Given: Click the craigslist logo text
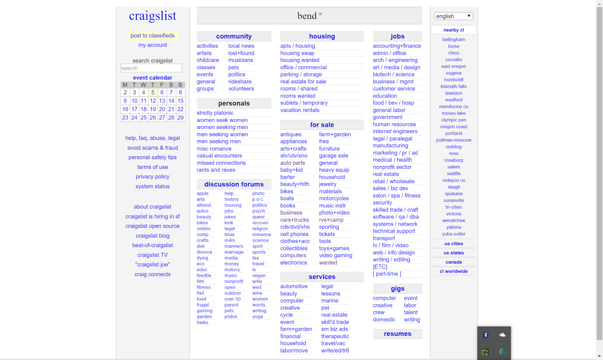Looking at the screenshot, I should (153, 16).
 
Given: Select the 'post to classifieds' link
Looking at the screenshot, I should (153, 35).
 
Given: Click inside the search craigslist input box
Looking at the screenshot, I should (151, 68).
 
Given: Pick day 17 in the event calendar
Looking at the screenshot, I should (134, 109).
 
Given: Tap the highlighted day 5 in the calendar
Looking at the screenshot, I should (153, 92).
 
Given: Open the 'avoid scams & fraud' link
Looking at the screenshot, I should (153, 148).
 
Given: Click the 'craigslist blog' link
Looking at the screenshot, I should (153, 236).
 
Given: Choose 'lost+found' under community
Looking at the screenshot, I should (241, 53).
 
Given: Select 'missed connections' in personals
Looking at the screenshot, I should (221, 163).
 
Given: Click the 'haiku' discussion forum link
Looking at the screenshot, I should (202, 322).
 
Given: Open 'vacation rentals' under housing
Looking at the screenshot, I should (300, 110).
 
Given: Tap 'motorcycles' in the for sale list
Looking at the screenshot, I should (334, 198).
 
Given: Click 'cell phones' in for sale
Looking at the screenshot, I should (294, 234).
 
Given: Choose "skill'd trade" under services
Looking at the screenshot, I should (335, 322).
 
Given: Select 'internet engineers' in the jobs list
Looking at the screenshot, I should (395, 131).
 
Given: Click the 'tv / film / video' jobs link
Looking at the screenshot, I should (390, 245).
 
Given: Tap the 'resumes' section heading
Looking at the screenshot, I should (398, 334).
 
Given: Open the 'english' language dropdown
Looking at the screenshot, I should (453, 16).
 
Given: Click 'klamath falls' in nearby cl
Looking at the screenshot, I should (454, 86).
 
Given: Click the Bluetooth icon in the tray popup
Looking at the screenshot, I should (486, 335).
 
